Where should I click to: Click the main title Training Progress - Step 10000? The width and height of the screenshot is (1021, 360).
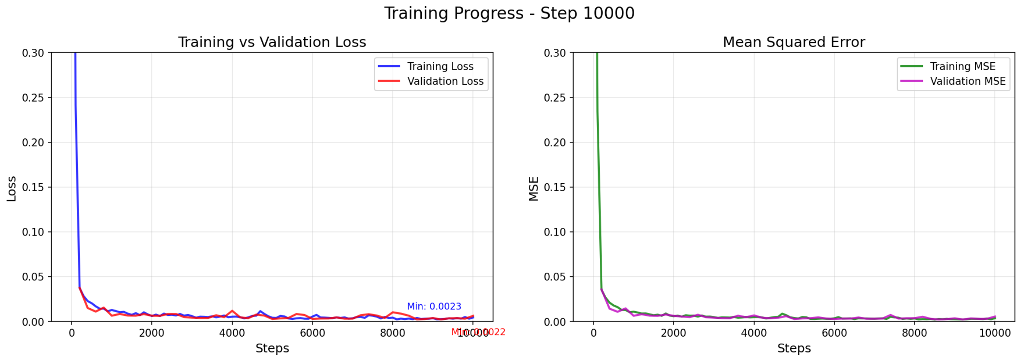pos(509,13)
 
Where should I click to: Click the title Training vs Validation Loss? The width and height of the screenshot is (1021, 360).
pos(272,42)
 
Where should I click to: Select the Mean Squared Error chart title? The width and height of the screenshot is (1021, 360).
pos(794,42)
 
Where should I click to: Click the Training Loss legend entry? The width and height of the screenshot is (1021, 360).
pos(440,67)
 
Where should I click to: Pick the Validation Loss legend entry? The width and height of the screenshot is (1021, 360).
pos(445,81)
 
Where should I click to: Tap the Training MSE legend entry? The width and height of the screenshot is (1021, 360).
pos(962,67)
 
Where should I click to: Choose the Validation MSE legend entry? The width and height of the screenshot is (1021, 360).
pos(967,81)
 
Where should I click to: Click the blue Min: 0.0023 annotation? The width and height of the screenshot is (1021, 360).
pos(434,306)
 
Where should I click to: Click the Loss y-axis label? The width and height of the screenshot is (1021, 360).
pos(12,189)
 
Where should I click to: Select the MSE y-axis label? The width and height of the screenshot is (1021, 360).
pos(534,189)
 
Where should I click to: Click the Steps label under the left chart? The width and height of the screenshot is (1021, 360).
pos(272,348)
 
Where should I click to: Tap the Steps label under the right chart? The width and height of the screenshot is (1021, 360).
pos(794,348)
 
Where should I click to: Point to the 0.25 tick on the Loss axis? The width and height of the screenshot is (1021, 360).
pos(33,98)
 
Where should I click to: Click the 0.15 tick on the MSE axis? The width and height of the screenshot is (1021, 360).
pos(555,187)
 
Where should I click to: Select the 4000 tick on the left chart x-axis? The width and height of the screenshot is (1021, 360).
pos(232,333)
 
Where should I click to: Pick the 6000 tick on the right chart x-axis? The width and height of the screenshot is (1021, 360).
pos(834,333)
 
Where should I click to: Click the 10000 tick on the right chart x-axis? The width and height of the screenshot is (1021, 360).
pos(994,333)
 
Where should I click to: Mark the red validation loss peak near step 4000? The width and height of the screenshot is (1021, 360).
pos(232,311)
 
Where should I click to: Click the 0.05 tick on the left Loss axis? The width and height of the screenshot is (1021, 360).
pos(33,277)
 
